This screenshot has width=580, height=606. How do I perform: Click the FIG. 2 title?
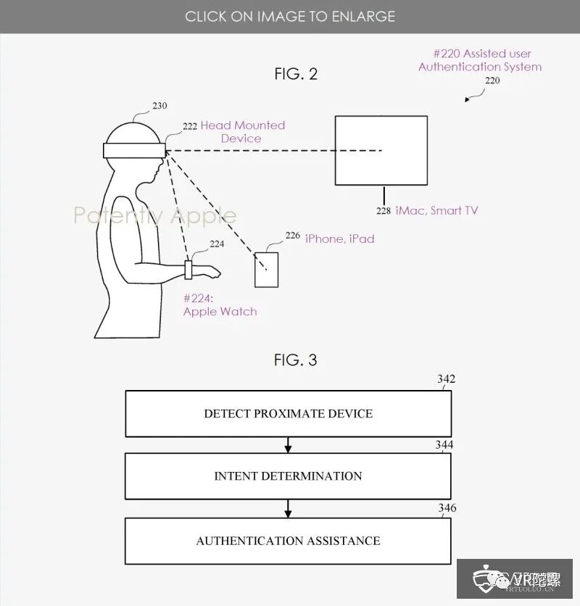coord(295,74)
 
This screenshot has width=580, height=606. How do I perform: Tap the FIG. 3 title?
coord(295,360)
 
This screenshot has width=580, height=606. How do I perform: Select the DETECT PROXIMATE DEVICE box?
coord(288,414)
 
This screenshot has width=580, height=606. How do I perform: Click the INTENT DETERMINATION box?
coord(288,476)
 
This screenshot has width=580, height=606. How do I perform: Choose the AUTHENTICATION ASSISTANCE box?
coord(288,541)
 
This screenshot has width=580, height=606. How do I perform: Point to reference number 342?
coord(446,379)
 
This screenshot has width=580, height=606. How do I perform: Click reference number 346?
coord(447,508)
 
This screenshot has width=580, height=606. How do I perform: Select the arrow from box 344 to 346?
coord(288,508)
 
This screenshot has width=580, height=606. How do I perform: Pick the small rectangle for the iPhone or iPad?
coord(266,269)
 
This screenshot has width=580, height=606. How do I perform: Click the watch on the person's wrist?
coord(189,270)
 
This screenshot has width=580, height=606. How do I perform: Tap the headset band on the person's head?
coord(134,150)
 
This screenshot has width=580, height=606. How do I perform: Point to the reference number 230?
coord(159,106)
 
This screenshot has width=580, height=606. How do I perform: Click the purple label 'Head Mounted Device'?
coord(242,132)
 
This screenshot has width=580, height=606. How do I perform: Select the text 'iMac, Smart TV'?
coord(437,210)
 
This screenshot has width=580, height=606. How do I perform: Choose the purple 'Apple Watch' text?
coord(220,312)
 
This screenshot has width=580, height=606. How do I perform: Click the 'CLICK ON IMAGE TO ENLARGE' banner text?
coord(289,16)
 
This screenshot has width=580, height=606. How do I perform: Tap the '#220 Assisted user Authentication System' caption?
coord(480,60)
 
